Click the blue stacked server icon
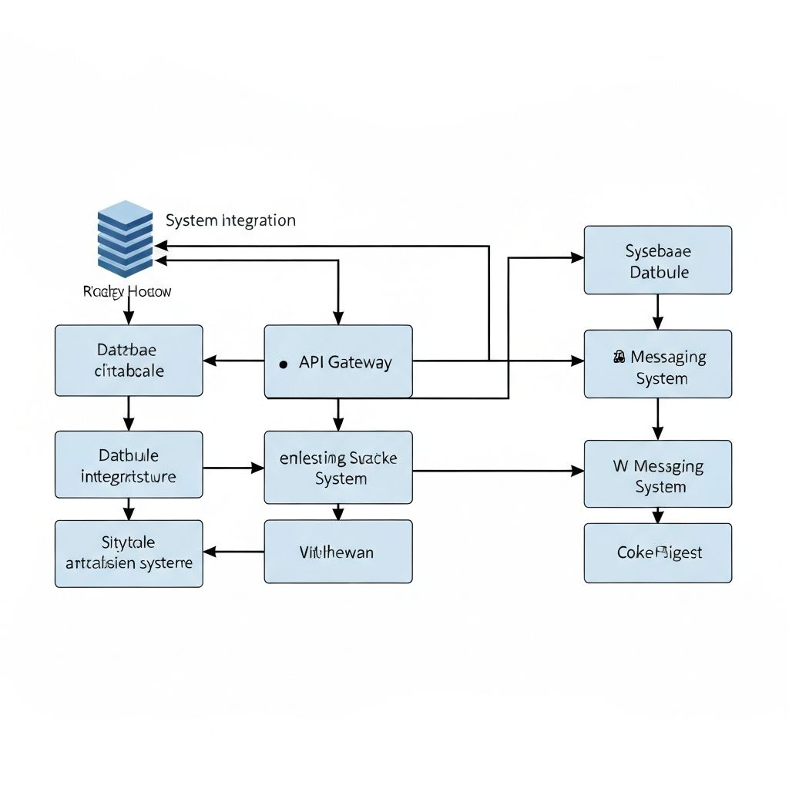[x=126, y=239]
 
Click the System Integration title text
[x=230, y=220]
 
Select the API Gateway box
[x=338, y=361]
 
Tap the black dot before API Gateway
[x=283, y=364]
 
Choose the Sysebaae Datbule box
[x=658, y=260]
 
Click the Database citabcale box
[x=129, y=361]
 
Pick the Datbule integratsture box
[x=129, y=465]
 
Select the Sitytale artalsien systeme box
[x=129, y=553]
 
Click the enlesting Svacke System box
[x=338, y=468]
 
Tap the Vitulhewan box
[x=338, y=552]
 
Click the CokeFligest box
[x=658, y=552]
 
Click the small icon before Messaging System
[x=619, y=357]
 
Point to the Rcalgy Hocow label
[x=126, y=291]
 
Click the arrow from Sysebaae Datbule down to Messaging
[x=657, y=312]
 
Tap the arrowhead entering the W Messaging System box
[x=577, y=471]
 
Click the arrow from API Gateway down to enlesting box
[x=338, y=415]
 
